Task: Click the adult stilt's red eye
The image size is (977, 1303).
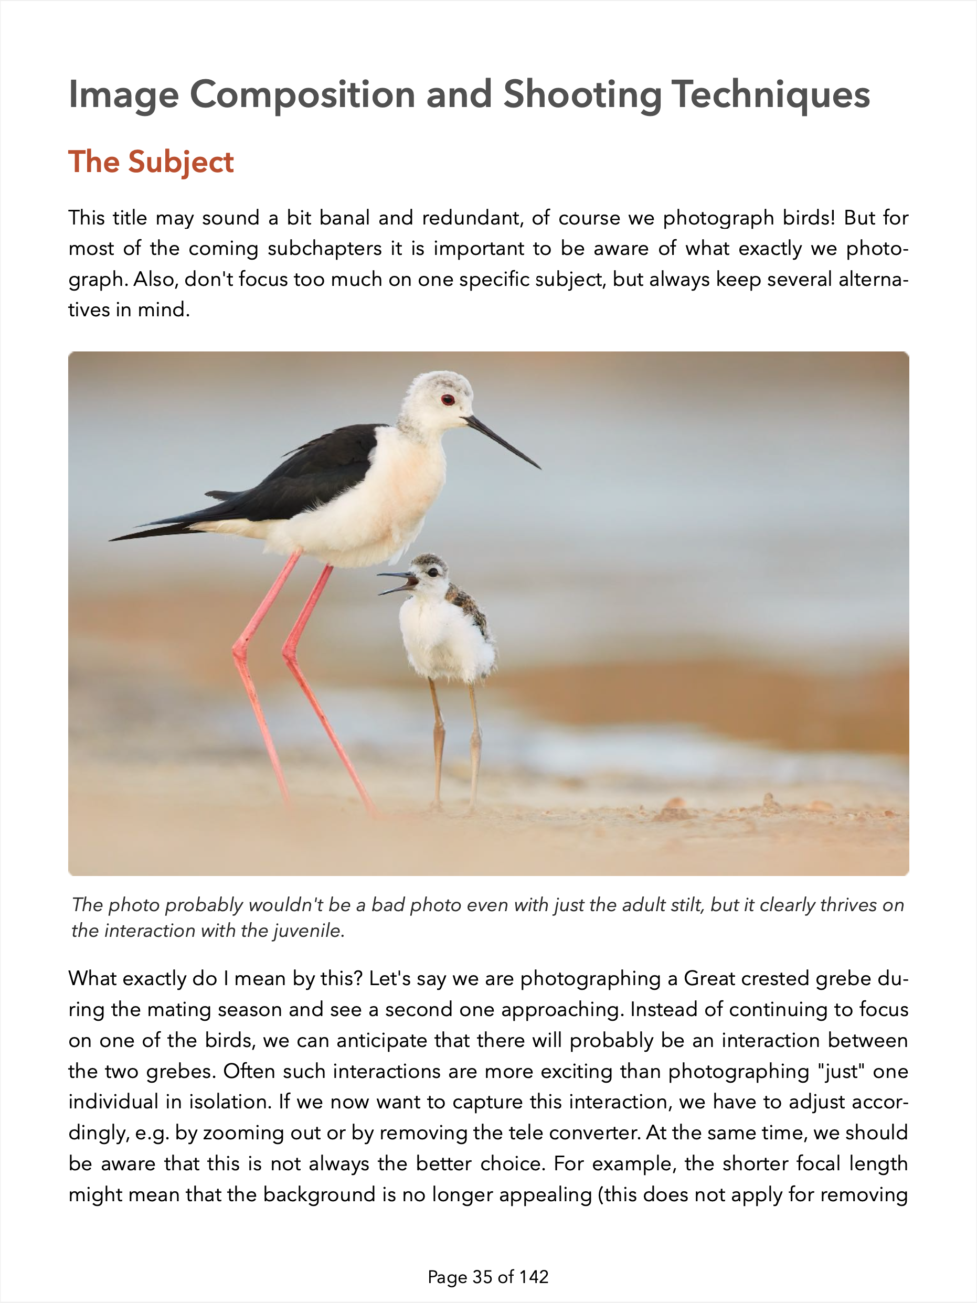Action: [x=448, y=400]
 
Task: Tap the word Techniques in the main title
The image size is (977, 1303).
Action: [x=770, y=95]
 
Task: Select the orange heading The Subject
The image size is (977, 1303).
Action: [x=152, y=162]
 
